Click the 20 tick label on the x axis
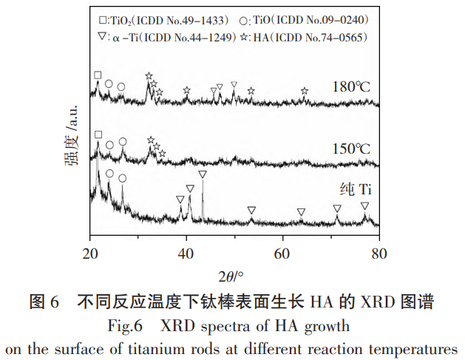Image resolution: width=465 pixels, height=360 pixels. (x=91, y=252)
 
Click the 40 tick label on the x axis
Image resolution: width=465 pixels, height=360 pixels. (x=186, y=252)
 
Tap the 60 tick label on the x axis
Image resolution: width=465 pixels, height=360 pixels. (x=282, y=252)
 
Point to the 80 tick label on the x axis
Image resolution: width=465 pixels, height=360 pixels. (x=379, y=252)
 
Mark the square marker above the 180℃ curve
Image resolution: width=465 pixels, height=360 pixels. (x=98, y=75)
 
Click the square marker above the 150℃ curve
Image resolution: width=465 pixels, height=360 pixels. (x=98, y=135)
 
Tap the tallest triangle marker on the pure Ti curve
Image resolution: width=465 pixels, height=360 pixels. (x=203, y=174)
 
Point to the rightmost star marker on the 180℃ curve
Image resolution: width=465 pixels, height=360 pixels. (x=305, y=90)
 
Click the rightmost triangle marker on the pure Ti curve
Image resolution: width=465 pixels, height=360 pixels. (x=364, y=206)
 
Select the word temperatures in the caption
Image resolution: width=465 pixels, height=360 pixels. (x=417, y=347)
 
